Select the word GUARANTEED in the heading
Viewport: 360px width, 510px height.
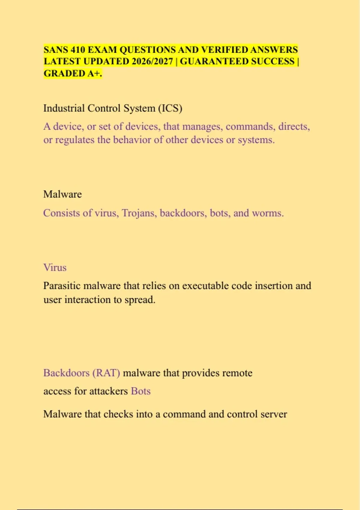pyautogui.click(x=214, y=61)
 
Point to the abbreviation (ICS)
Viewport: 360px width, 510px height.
pyautogui.click(x=170, y=108)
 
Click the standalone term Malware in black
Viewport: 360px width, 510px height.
pyautogui.click(x=62, y=194)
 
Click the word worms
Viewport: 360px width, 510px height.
pyautogui.click(x=268, y=213)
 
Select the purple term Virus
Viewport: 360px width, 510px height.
pyautogui.click(x=55, y=267)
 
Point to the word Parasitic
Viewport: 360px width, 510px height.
pyautogui.click(x=62, y=286)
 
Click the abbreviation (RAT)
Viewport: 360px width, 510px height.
pyautogui.click(x=106, y=373)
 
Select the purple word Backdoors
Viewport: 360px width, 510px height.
pyautogui.click(x=66, y=373)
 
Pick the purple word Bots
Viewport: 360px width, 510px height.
pyautogui.click(x=141, y=391)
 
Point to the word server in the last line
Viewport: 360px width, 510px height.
pyautogui.click(x=274, y=414)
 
